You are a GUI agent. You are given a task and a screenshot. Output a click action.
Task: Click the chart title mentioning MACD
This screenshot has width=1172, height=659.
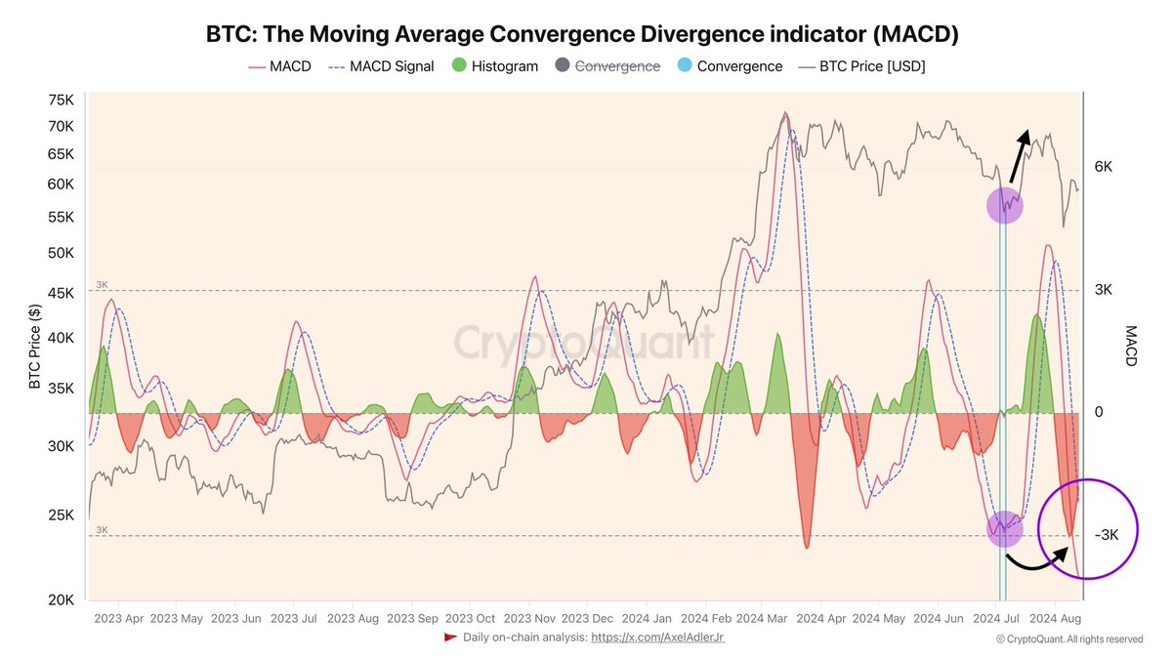point(582,34)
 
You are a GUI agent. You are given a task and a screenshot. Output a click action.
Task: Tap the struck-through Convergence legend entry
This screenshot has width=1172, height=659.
point(607,66)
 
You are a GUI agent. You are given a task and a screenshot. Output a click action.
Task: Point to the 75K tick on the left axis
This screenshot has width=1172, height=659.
point(61,101)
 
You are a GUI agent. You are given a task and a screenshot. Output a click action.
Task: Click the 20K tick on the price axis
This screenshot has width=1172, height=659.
point(61,599)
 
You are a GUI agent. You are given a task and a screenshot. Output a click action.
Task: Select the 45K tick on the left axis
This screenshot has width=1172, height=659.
point(61,293)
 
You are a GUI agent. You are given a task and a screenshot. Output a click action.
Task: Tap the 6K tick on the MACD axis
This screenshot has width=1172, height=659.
point(1104,167)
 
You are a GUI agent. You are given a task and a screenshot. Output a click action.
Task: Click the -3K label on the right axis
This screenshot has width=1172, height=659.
point(1108,535)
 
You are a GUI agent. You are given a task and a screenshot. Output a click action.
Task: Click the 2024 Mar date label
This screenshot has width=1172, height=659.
point(763,618)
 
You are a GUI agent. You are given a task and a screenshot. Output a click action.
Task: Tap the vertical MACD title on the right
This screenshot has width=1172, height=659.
point(1132,347)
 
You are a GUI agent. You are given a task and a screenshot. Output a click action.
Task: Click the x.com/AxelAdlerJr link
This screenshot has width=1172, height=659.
point(658,637)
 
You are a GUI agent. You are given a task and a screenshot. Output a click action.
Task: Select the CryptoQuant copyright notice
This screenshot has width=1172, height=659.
point(1068,639)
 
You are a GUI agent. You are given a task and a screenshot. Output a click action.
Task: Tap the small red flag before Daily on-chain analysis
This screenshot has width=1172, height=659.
point(450,637)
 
